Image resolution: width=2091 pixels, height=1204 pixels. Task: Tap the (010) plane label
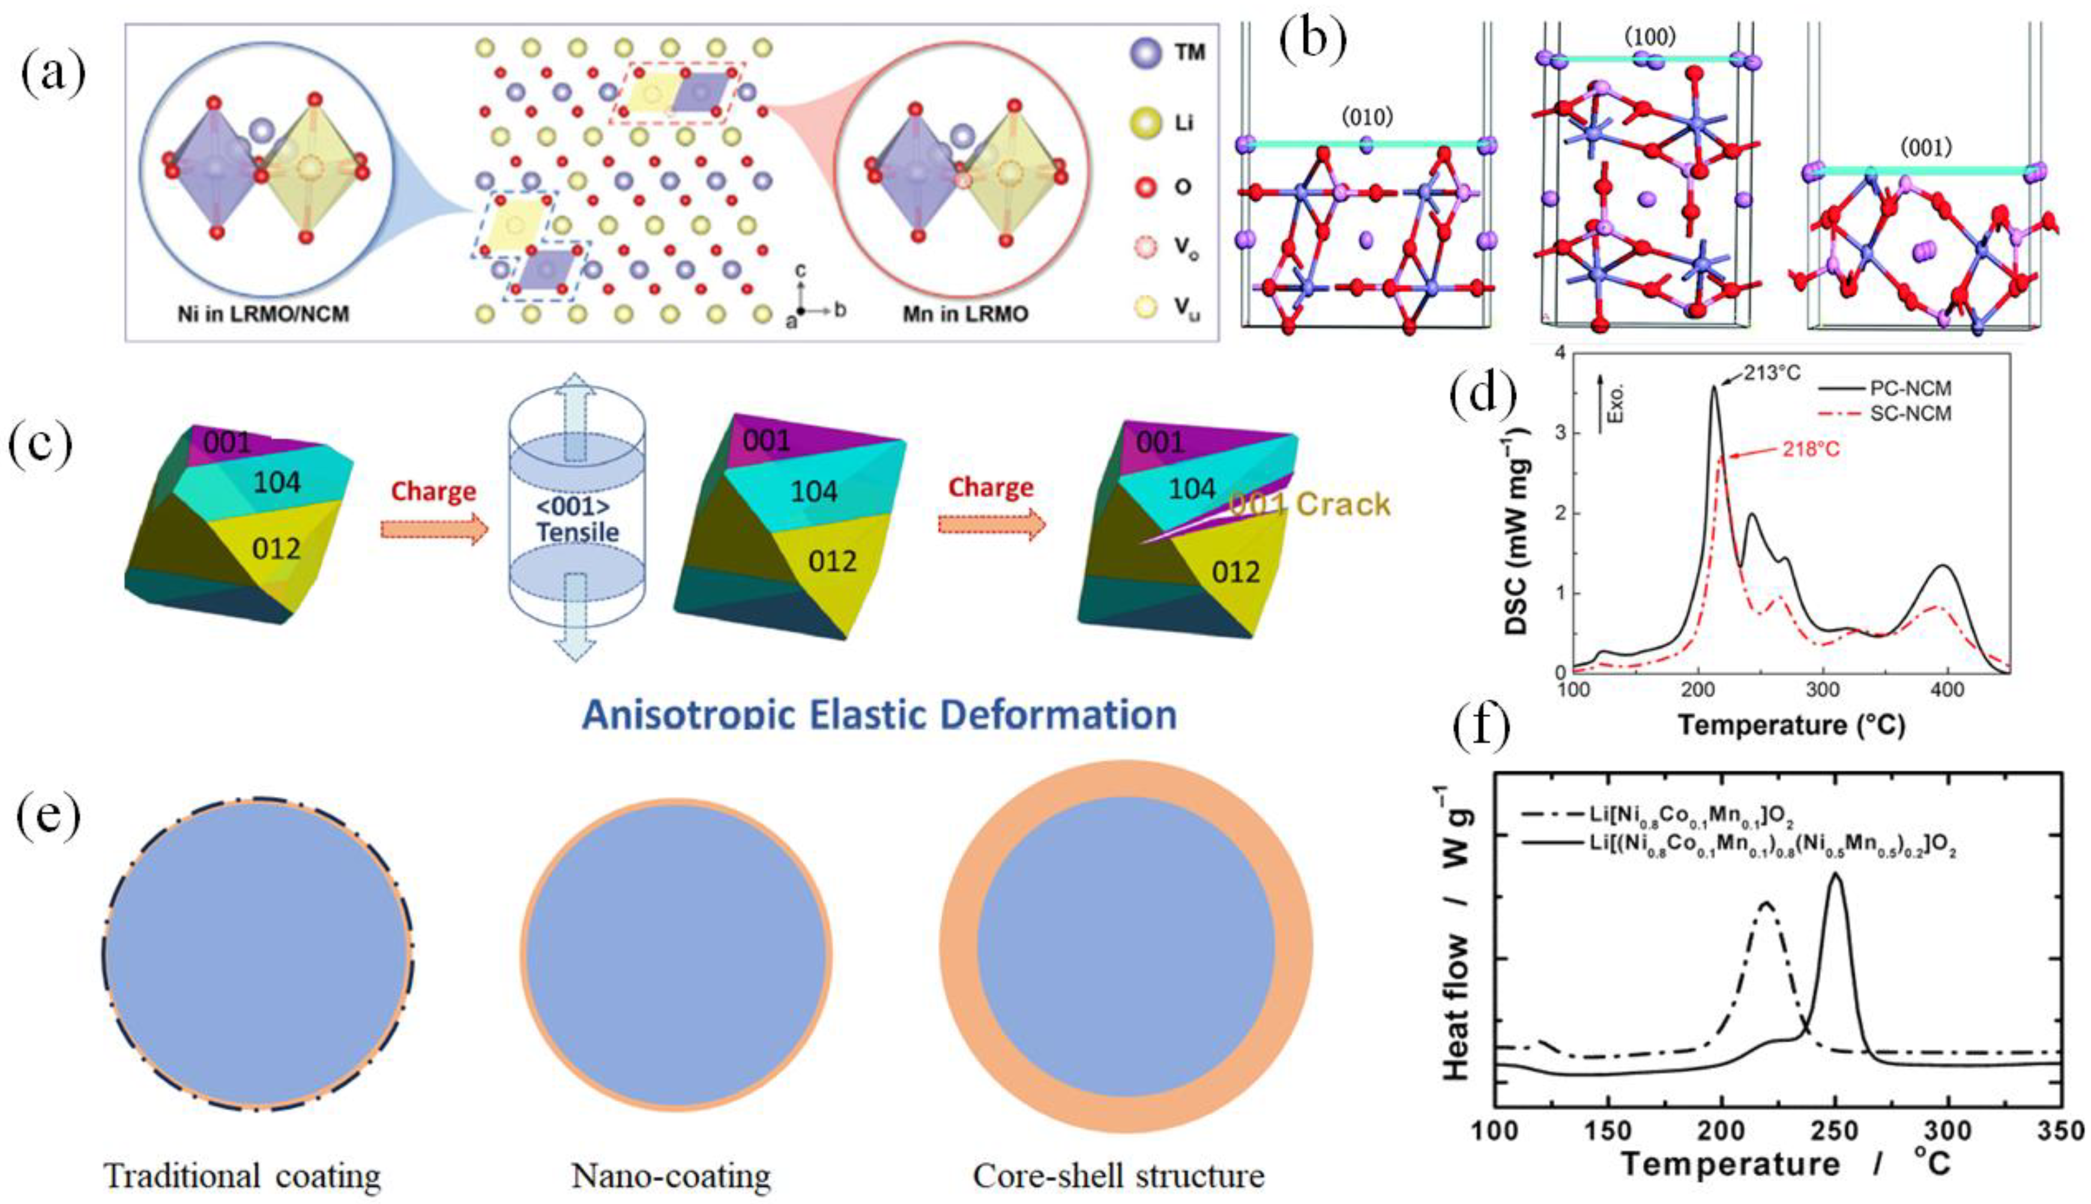1367,118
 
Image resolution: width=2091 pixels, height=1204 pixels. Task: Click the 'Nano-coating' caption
671,1174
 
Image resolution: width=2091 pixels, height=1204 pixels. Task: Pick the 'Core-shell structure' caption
1118,1174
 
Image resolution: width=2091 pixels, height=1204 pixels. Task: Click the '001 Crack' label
1310,504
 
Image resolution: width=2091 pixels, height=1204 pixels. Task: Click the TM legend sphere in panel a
1139,55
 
